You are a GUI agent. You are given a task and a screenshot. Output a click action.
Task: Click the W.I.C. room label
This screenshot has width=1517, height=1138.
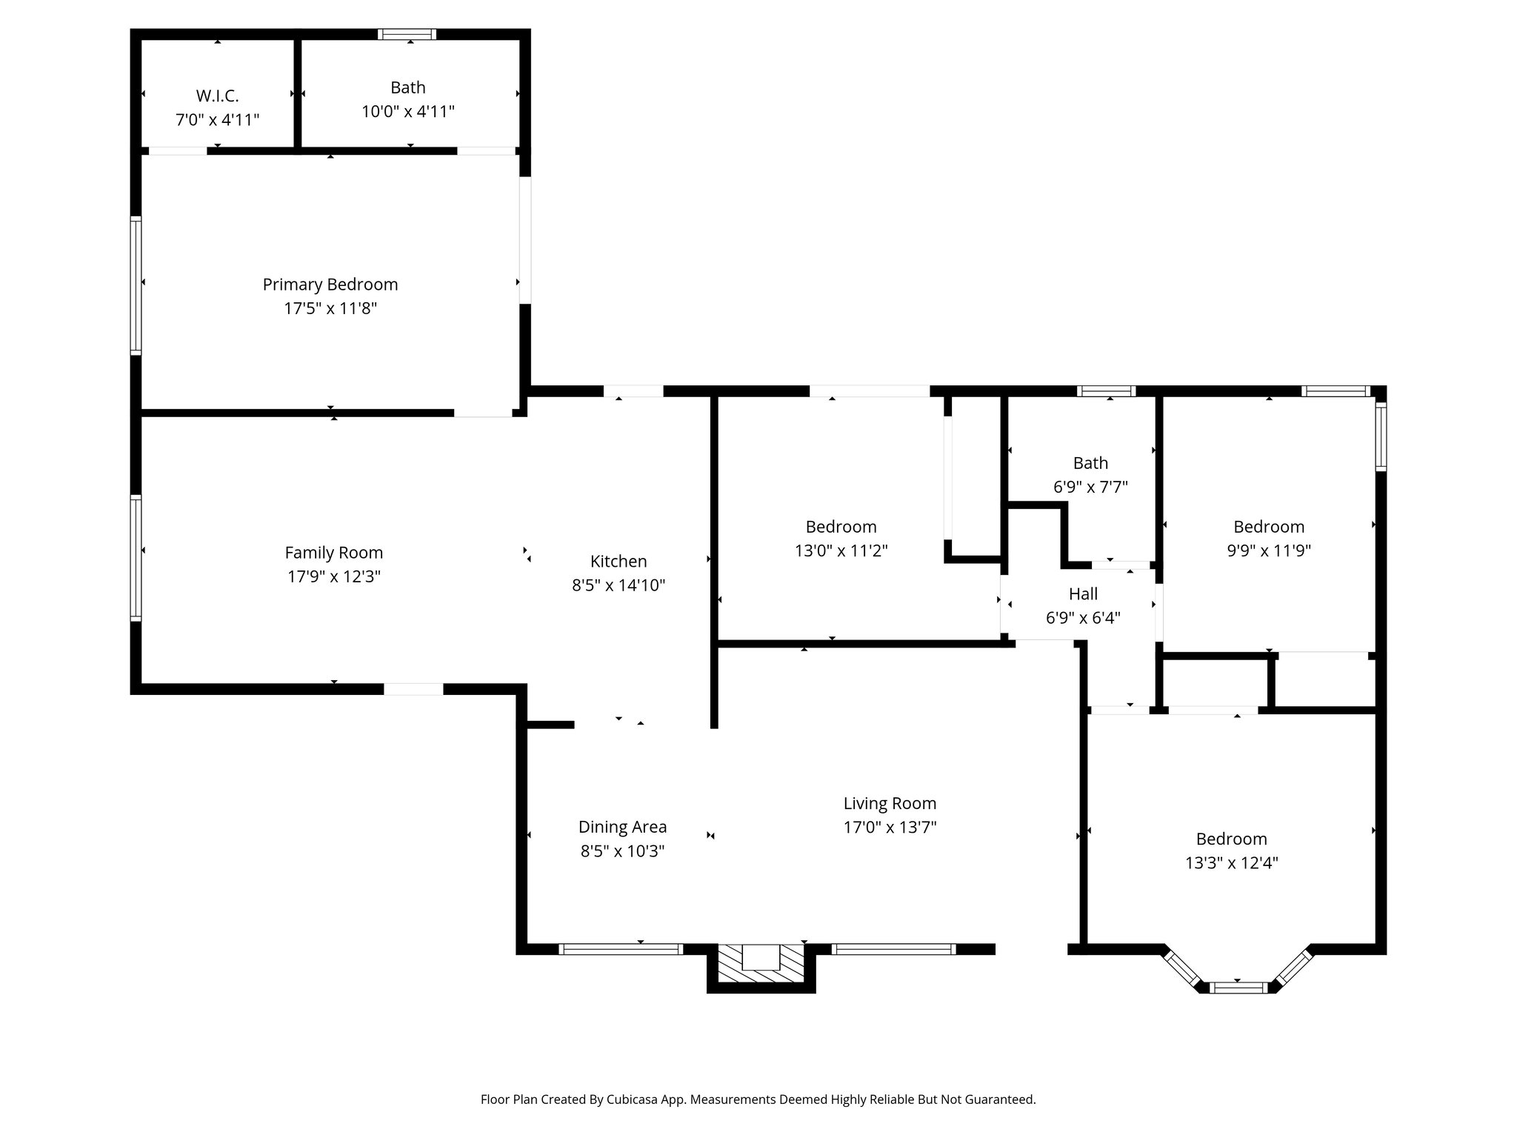click(x=217, y=96)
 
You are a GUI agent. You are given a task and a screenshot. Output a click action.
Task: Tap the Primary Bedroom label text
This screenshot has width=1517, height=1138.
click(x=330, y=284)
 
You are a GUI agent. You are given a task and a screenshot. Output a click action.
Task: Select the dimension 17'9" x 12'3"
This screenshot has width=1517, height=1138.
click(x=334, y=576)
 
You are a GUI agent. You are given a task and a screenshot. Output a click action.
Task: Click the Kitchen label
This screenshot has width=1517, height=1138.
click(x=619, y=562)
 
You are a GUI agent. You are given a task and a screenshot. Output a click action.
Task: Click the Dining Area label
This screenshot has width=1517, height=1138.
click(x=622, y=827)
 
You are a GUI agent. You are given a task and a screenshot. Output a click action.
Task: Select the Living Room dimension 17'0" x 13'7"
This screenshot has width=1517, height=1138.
click(x=890, y=827)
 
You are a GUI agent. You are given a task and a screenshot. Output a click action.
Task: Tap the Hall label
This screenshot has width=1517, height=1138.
click(x=1083, y=594)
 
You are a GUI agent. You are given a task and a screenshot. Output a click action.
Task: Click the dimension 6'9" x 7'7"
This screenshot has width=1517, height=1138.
click(x=1090, y=487)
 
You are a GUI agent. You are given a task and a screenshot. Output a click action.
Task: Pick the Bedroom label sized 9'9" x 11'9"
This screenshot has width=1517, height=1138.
click(x=1269, y=527)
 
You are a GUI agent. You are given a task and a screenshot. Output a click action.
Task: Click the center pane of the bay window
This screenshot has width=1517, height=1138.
click(x=1238, y=987)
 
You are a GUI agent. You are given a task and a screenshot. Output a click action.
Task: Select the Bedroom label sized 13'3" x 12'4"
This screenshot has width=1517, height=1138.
click(x=1231, y=839)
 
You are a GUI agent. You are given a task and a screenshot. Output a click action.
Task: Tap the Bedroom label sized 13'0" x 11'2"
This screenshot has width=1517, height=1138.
click(x=841, y=527)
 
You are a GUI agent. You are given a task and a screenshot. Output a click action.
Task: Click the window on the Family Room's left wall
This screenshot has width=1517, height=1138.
click(x=136, y=557)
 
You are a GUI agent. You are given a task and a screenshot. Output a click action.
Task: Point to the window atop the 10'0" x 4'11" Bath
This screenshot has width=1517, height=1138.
click(x=407, y=34)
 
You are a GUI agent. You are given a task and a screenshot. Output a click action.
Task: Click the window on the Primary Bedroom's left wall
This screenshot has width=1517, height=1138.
click(x=136, y=284)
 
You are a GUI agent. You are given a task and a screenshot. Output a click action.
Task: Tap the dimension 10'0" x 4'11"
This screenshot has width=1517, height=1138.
click(x=407, y=112)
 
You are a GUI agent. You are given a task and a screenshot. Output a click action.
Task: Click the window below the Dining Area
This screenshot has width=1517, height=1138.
click(x=620, y=949)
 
